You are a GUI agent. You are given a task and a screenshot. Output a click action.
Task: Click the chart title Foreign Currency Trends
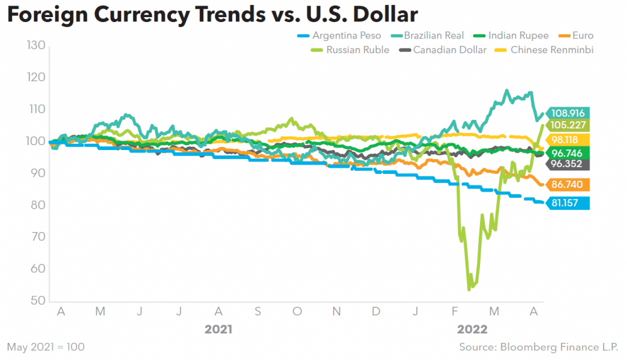pos(212,16)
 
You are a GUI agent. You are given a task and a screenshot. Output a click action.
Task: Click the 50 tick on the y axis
pos(38,301)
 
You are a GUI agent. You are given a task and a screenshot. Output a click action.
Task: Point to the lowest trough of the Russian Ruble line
pos(470,289)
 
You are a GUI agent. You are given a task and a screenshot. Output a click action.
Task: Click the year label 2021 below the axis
pos(219,329)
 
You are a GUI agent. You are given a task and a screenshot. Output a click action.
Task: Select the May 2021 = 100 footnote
pos(46,347)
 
